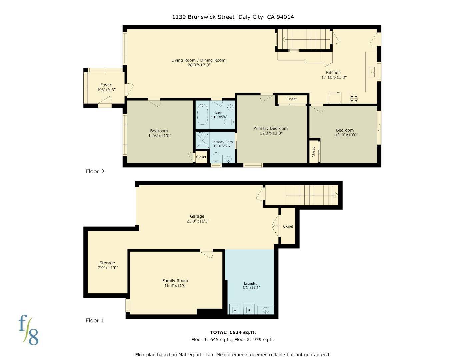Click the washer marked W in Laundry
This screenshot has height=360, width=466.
pyautogui.click(x=235, y=310)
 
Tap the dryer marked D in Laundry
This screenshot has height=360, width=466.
pyautogui.click(x=249, y=310)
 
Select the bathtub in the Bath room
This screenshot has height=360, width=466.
pyautogui.click(x=202, y=114)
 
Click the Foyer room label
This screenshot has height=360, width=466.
pyautogui.click(x=106, y=85)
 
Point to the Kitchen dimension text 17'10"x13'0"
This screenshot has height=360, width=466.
pyautogui.click(x=334, y=77)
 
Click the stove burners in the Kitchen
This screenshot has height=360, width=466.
pyautogui.click(x=354, y=98)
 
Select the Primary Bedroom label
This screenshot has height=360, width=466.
pyautogui.click(x=270, y=128)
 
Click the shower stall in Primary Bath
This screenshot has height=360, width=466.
pyautogui.click(x=202, y=140)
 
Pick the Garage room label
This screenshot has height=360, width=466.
pyautogui.click(x=197, y=216)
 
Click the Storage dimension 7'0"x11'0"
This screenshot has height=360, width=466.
pyautogui.click(x=107, y=268)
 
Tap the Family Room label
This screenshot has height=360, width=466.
pyautogui.click(x=175, y=281)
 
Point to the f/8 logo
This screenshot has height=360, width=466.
pyautogui.click(x=28, y=330)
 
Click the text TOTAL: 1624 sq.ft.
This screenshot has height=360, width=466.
pyautogui.click(x=233, y=332)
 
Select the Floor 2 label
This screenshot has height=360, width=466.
pyautogui.click(x=95, y=171)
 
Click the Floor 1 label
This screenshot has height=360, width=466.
pyautogui.click(x=95, y=320)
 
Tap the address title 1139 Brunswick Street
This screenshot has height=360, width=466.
pyautogui.click(x=203, y=17)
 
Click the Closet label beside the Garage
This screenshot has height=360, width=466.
pyautogui.click(x=288, y=226)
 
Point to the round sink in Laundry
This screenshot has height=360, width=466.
pyautogui.click(x=266, y=310)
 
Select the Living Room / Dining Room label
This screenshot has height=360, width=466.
pyautogui.click(x=198, y=60)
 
